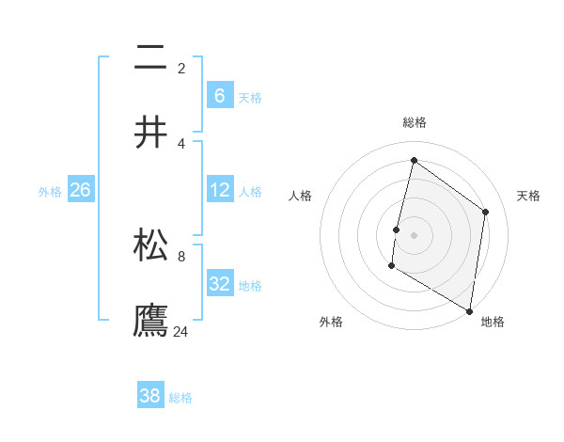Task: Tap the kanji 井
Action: coord(150,134)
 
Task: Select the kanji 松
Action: coord(150,245)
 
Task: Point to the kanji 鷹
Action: coord(150,321)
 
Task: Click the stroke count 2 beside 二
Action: coord(181,68)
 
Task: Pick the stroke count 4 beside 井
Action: coord(181,143)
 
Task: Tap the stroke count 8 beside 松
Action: coord(181,255)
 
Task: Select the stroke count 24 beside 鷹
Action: coord(181,331)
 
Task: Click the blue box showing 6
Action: coord(220,95)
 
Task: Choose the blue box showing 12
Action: coord(220,190)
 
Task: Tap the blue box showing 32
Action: coord(220,284)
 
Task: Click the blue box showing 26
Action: coord(80,190)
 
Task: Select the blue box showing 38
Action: coord(150,396)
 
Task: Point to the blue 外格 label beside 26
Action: coord(50,191)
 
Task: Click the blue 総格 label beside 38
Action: coord(180,398)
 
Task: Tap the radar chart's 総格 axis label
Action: coord(415,122)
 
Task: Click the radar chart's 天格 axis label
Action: coord(528,196)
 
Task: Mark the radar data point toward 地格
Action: coord(469,310)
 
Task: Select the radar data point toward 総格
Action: coord(414,161)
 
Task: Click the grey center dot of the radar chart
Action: coord(414,235)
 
